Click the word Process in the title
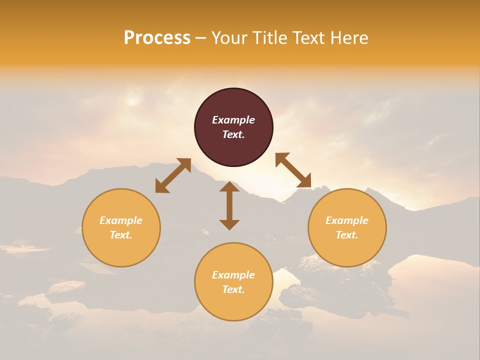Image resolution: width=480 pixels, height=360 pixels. click(x=157, y=38)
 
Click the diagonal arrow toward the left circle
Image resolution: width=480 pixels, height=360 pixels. click(x=173, y=175)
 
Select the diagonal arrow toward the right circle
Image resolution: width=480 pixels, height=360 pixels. click(x=293, y=170)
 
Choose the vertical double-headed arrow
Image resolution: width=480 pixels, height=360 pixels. click(x=229, y=205)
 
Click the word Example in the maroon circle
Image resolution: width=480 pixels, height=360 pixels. click(x=233, y=120)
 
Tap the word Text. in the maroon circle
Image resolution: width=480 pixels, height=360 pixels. click(x=233, y=134)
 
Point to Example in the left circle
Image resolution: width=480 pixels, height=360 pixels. click(x=121, y=220)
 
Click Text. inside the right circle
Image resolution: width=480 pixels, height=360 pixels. click(x=347, y=235)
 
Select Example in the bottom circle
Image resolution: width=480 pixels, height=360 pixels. click(x=233, y=275)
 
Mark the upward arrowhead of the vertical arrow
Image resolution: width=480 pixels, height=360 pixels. click(x=229, y=186)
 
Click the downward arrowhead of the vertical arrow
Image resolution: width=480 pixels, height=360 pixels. click(x=229, y=224)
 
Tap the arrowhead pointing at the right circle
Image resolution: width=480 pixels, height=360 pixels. click(x=304, y=181)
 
